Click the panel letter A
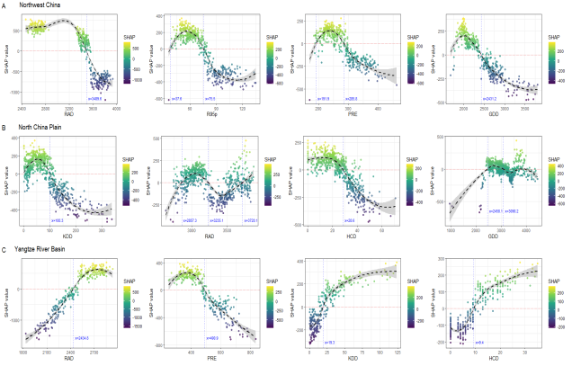pyautogui.click(x=4, y=4)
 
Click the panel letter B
pyautogui.click(x=4, y=128)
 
